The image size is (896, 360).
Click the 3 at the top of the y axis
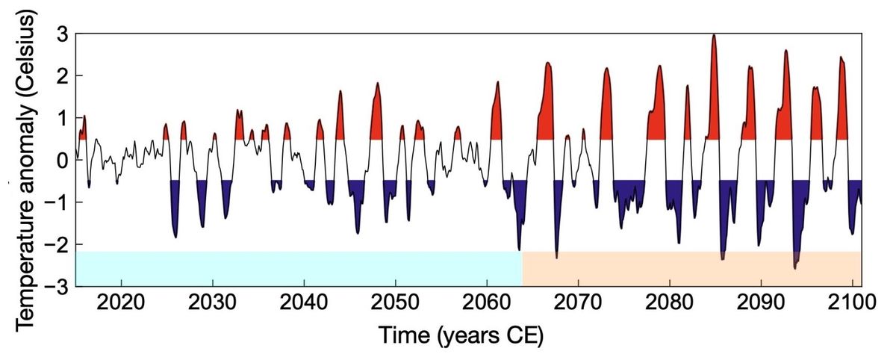tap(63, 34)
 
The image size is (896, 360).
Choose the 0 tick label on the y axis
tap(63, 161)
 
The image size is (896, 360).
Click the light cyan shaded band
tap(299, 269)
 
